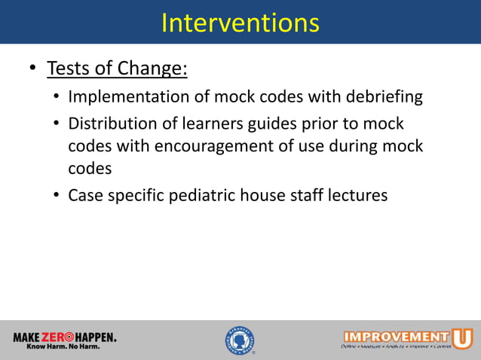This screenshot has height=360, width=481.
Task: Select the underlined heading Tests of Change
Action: click(117, 69)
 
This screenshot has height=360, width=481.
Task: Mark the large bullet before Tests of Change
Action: click(32, 69)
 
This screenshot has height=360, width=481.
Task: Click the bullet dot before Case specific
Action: click(57, 196)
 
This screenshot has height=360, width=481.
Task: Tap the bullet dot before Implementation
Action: click(57, 98)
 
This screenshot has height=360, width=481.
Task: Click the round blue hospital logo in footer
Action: click(240, 340)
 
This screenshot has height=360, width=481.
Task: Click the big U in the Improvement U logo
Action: click(461, 336)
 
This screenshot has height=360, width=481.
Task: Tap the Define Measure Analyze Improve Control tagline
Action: click(397, 348)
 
